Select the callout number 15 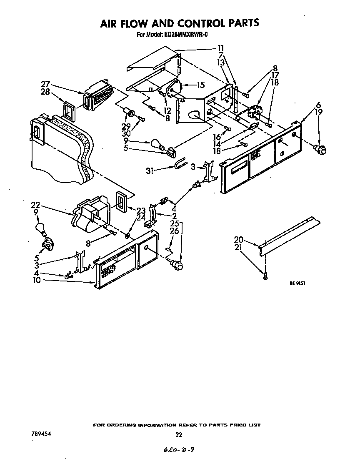[201, 85]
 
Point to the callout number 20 [238, 240]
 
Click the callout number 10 [37, 281]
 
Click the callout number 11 [221, 48]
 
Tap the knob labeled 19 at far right [320, 148]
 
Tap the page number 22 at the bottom [179, 434]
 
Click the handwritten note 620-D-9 [179, 449]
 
